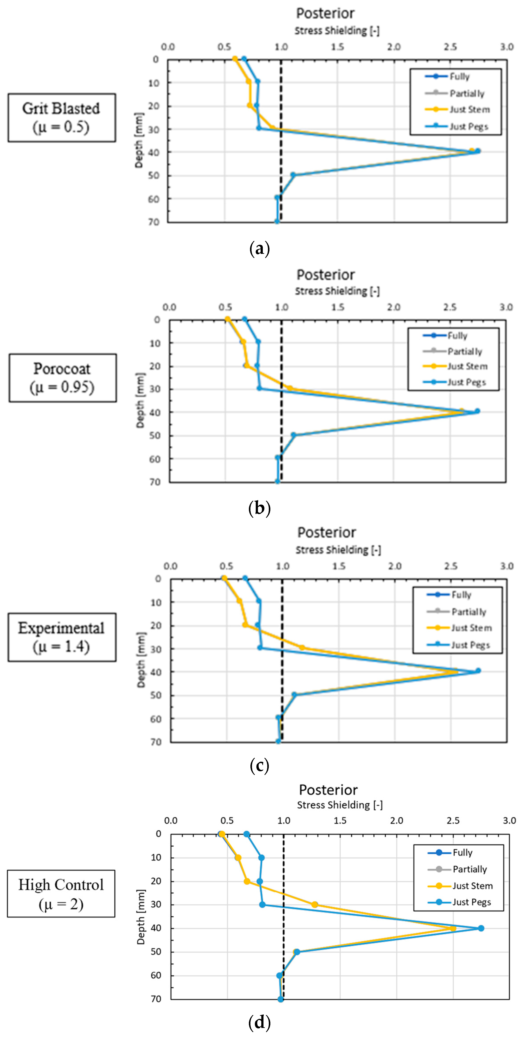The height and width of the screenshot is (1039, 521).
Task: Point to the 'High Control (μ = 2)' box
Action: tap(61, 893)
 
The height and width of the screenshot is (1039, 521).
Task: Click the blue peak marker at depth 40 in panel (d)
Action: tap(481, 928)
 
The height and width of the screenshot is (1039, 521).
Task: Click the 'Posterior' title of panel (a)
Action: tap(325, 13)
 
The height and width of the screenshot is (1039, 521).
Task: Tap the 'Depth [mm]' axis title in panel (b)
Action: tap(140, 400)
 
